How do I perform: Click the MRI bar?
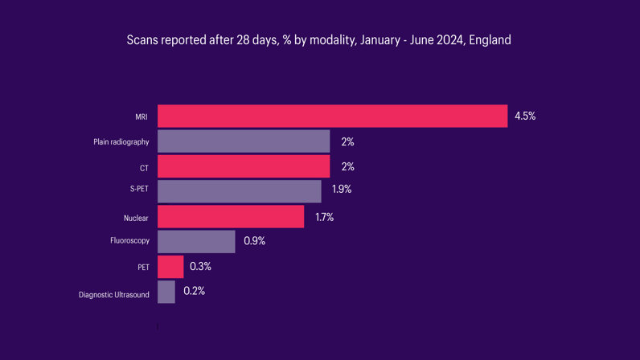(x=332, y=116)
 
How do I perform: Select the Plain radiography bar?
(x=244, y=141)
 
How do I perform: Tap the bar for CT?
(x=244, y=166)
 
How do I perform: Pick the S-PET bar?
(x=239, y=191)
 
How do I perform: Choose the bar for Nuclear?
(x=231, y=217)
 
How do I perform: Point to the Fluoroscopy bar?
(x=196, y=241)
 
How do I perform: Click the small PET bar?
(x=170, y=267)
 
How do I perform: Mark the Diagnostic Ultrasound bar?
(x=166, y=292)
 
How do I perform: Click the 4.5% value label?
(x=525, y=116)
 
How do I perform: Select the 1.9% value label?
(x=342, y=190)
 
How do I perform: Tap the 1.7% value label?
(x=324, y=217)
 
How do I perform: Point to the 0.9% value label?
(x=254, y=240)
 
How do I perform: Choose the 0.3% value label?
(x=201, y=266)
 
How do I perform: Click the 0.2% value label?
(x=194, y=291)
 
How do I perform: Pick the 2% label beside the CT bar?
(x=347, y=166)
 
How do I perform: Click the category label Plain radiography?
(x=121, y=142)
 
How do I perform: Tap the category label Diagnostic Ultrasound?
(x=114, y=295)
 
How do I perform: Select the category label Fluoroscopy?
(x=129, y=240)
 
